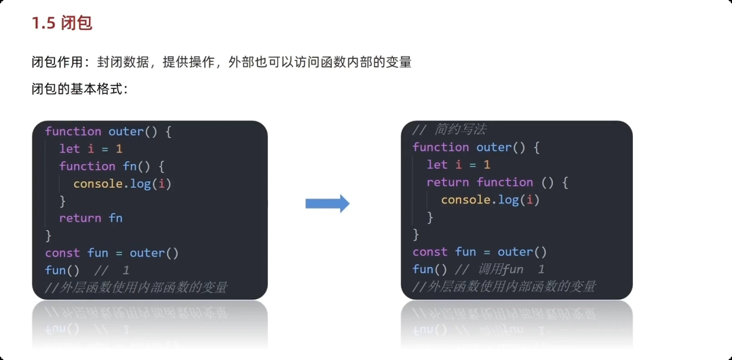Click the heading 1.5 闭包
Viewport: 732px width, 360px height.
[62, 24]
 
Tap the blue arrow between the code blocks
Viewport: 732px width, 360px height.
[327, 203]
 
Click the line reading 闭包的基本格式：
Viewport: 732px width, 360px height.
[79, 89]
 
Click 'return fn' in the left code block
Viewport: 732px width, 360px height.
[90, 218]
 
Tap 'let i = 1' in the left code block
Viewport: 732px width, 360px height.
[90, 148]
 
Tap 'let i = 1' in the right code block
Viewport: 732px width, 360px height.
[458, 165]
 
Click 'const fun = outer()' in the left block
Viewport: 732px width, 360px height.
[112, 253]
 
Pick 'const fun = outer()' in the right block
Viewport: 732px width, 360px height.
[480, 252]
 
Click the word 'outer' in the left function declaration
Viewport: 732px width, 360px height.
[126, 131]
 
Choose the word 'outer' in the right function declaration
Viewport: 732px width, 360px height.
[494, 147]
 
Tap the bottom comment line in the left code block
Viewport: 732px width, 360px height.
[136, 287]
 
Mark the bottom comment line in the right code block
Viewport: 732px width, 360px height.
[504, 286]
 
